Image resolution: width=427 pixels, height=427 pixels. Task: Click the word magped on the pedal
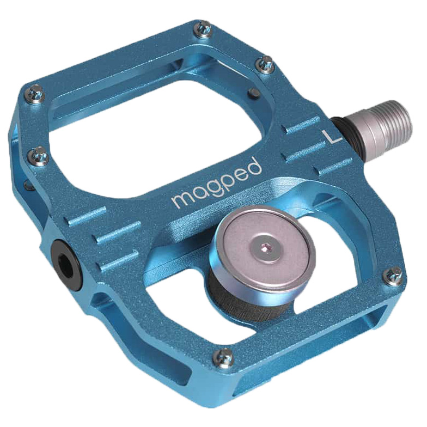coord(216,184)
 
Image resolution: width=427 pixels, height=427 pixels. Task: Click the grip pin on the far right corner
coord(393,276)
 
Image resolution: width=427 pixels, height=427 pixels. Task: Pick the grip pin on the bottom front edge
coord(223,358)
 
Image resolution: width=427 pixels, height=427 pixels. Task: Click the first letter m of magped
coord(180,200)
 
